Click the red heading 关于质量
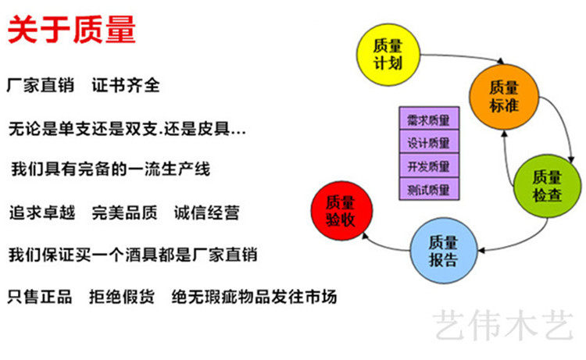pos(72,30)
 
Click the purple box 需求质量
pos(429,120)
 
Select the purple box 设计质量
pos(429,143)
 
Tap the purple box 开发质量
pos(429,166)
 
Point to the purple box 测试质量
pos(429,188)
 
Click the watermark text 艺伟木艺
pos(504,325)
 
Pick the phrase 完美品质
pos(125,212)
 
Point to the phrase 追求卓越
pos(41,212)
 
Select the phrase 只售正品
pos(40,297)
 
